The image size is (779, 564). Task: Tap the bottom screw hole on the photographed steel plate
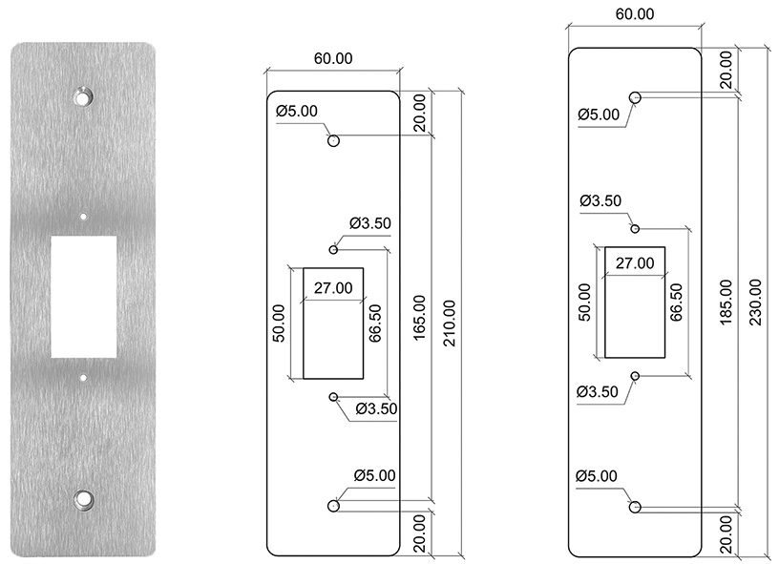tap(83, 498)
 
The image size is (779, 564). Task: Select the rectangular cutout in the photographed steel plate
tap(83, 297)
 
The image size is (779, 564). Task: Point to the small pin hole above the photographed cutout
tap(83, 217)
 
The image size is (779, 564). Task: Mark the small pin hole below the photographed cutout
tap(83, 378)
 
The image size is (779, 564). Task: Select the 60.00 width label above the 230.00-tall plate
tap(634, 14)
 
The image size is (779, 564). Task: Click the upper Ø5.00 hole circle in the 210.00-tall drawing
tap(333, 141)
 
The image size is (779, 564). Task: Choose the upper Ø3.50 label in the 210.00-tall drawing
tap(370, 224)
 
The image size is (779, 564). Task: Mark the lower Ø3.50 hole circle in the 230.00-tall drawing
tap(634, 377)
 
